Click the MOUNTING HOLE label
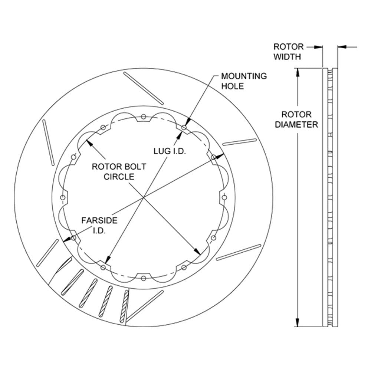(x=244, y=81)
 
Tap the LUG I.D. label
(x=170, y=151)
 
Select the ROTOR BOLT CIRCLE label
(x=119, y=171)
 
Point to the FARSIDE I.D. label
(x=99, y=225)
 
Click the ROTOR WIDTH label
(x=288, y=52)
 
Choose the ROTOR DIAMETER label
(x=296, y=119)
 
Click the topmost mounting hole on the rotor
(x=143, y=116)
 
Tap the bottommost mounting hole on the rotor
(x=143, y=278)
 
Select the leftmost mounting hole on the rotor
(x=63, y=197)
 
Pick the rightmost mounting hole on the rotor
(x=224, y=197)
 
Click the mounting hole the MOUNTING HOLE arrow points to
(x=184, y=128)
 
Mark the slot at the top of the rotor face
(x=143, y=88)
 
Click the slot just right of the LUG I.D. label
(x=239, y=142)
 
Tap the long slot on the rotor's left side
(x=48, y=142)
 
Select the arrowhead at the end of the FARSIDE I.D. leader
(x=68, y=239)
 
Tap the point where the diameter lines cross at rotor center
(x=143, y=197)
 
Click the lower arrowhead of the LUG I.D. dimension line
(x=108, y=259)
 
